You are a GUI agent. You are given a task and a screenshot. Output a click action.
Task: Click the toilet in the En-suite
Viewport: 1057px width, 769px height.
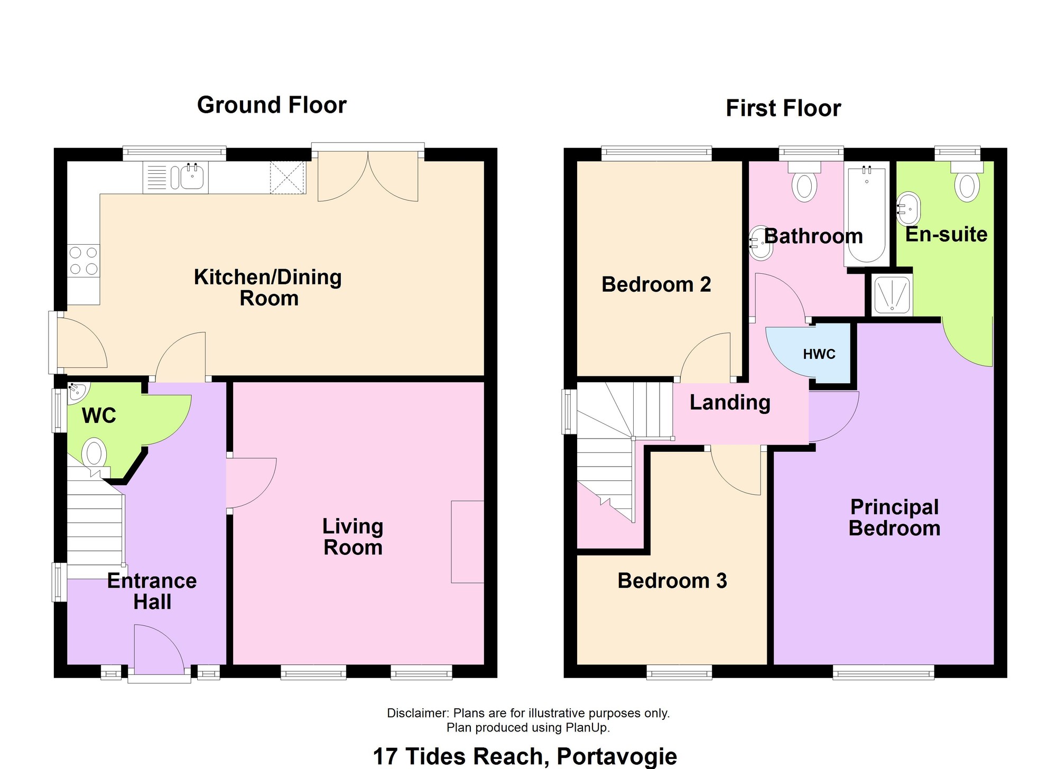(x=967, y=181)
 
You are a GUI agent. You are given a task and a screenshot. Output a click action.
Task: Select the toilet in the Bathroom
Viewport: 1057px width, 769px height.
(x=804, y=181)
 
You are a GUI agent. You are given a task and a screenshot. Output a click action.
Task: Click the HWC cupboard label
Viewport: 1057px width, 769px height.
(x=819, y=354)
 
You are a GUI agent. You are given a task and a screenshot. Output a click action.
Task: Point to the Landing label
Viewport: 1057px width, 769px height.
(x=730, y=403)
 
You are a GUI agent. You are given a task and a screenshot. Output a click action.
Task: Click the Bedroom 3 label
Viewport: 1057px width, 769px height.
(x=672, y=581)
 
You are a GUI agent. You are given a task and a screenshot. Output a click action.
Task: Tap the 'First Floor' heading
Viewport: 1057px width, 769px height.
(x=783, y=108)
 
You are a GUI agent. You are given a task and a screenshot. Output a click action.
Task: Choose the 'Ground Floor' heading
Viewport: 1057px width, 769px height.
(x=272, y=105)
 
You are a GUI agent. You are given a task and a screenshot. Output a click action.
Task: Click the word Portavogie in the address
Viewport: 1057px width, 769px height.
(x=617, y=756)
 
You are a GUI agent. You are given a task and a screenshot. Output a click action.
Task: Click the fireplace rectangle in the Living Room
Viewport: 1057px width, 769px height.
(x=468, y=542)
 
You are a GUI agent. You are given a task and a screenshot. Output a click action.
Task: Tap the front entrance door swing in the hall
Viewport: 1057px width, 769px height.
(x=159, y=650)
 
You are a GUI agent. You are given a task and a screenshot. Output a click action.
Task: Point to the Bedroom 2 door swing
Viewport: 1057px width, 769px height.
(x=706, y=356)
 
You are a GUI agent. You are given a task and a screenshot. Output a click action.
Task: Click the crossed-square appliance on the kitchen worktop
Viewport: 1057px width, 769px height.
(x=288, y=178)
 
